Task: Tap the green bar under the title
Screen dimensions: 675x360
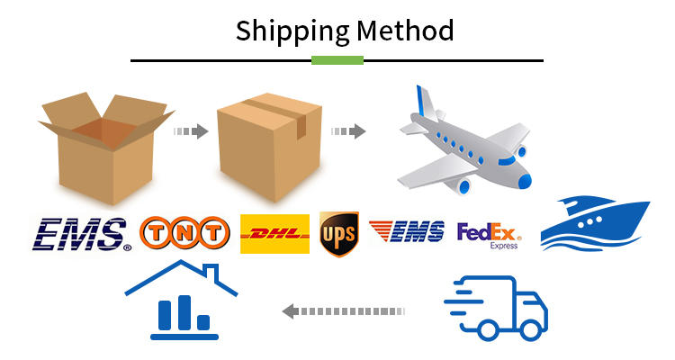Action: [337, 60]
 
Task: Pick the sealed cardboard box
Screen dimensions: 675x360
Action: [268, 148]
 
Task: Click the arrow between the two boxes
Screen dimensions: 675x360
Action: [191, 131]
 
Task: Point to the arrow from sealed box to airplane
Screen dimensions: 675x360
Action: [348, 131]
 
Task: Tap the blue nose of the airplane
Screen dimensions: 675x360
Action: [524, 180]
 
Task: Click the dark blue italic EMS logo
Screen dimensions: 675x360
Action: [79, 234]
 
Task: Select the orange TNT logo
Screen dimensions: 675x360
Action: [184, 234]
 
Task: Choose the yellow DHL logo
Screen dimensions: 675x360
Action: [274, 234]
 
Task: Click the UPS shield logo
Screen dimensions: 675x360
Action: [338, 235]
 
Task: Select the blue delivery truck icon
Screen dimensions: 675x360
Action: [498, 307]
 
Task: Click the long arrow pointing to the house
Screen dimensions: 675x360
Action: [343, 311]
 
